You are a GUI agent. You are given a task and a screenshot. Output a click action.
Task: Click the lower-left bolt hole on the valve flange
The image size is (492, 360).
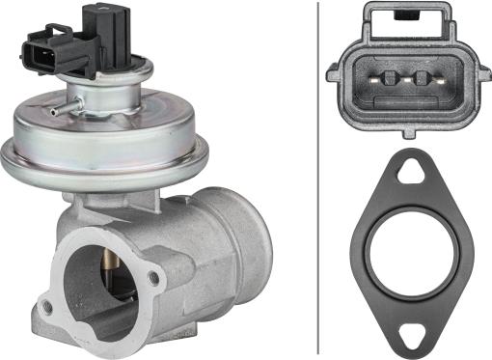click(45, 307)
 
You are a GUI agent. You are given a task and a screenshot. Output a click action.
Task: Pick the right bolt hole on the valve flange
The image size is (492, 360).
click(153, 279)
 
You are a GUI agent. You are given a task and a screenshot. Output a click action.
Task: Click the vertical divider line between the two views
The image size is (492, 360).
click(318, 179)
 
